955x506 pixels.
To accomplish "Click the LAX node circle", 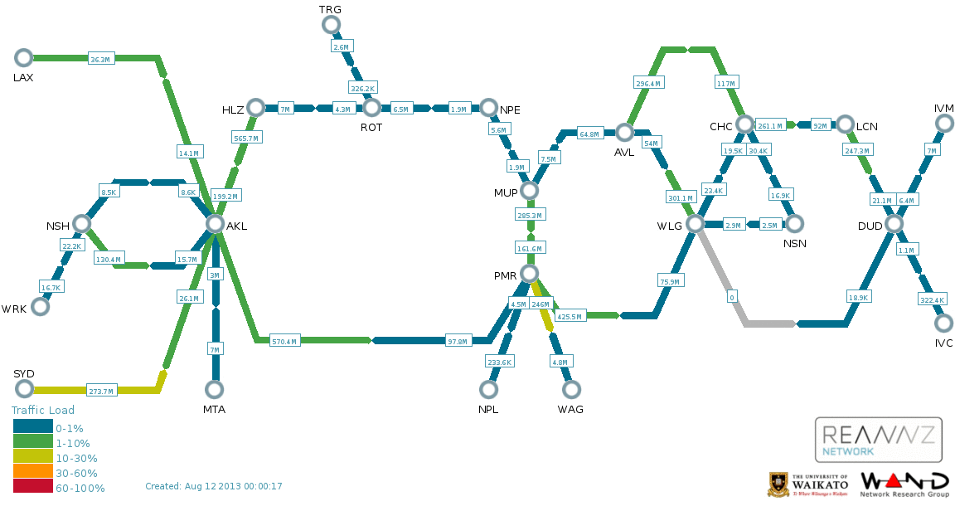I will (x=23, y=57).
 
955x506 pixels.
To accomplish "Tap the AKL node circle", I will (x=215, y=224).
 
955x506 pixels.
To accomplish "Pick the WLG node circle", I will (x=695, y=224).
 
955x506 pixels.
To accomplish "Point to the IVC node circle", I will (x=943, y=324).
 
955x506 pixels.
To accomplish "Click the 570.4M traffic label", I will (x=285, y=341).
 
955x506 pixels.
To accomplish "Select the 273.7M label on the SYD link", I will (x=101, y=391).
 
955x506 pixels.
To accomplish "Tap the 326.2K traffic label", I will (x=363, y=87).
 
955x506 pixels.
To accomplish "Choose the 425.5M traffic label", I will (x=570, y=316).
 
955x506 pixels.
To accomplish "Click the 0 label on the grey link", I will (x=731, y=296).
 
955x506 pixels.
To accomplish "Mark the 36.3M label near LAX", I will (x=100, y=59).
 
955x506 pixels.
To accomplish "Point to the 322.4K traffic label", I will (x=932, y=299).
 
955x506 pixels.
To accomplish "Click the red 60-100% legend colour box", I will (x=32, y=488).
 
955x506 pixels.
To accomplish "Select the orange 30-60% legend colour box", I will (x=32, y=473).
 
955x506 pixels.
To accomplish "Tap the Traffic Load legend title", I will (x=43, y=410).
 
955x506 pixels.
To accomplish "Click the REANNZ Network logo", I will (x=879, y=440).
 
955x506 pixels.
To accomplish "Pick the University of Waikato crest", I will (x=778, y=484).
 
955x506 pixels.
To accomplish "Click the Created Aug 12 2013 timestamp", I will (x=214, y=486).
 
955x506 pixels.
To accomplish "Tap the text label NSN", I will (x=795, y=243).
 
